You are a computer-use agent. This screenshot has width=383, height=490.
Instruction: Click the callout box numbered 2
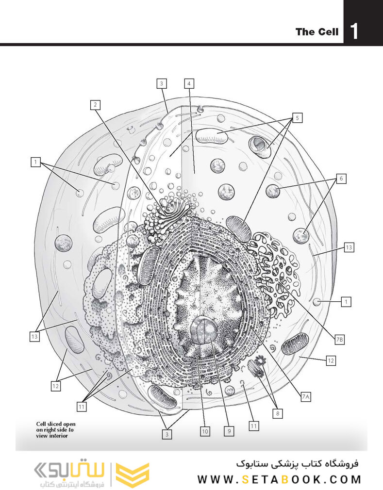pos(96,104)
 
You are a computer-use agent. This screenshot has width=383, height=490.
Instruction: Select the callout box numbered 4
pos(189,83)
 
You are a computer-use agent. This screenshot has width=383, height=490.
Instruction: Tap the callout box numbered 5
pos(297,117)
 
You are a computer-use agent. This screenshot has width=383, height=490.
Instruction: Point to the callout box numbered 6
pos(341,179)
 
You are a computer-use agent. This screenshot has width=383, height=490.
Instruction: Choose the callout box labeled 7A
pos(306,397)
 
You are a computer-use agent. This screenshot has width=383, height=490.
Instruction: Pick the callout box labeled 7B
pos(340,340)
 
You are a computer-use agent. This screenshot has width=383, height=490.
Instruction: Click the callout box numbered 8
pos(278,413)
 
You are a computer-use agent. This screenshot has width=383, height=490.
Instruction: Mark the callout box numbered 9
pos(228,430)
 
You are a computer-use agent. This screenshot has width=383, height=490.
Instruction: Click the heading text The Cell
pos(317,33)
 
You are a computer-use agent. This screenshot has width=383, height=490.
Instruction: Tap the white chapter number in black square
pos(355,32)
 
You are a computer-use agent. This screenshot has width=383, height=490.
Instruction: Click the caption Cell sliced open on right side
pos(56,429)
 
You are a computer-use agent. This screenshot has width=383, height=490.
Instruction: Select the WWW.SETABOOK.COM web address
pos(279,479)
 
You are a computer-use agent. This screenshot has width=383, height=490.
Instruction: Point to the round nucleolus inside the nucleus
pos(204,331)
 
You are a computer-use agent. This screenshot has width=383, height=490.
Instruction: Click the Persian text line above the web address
pos(296,463)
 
